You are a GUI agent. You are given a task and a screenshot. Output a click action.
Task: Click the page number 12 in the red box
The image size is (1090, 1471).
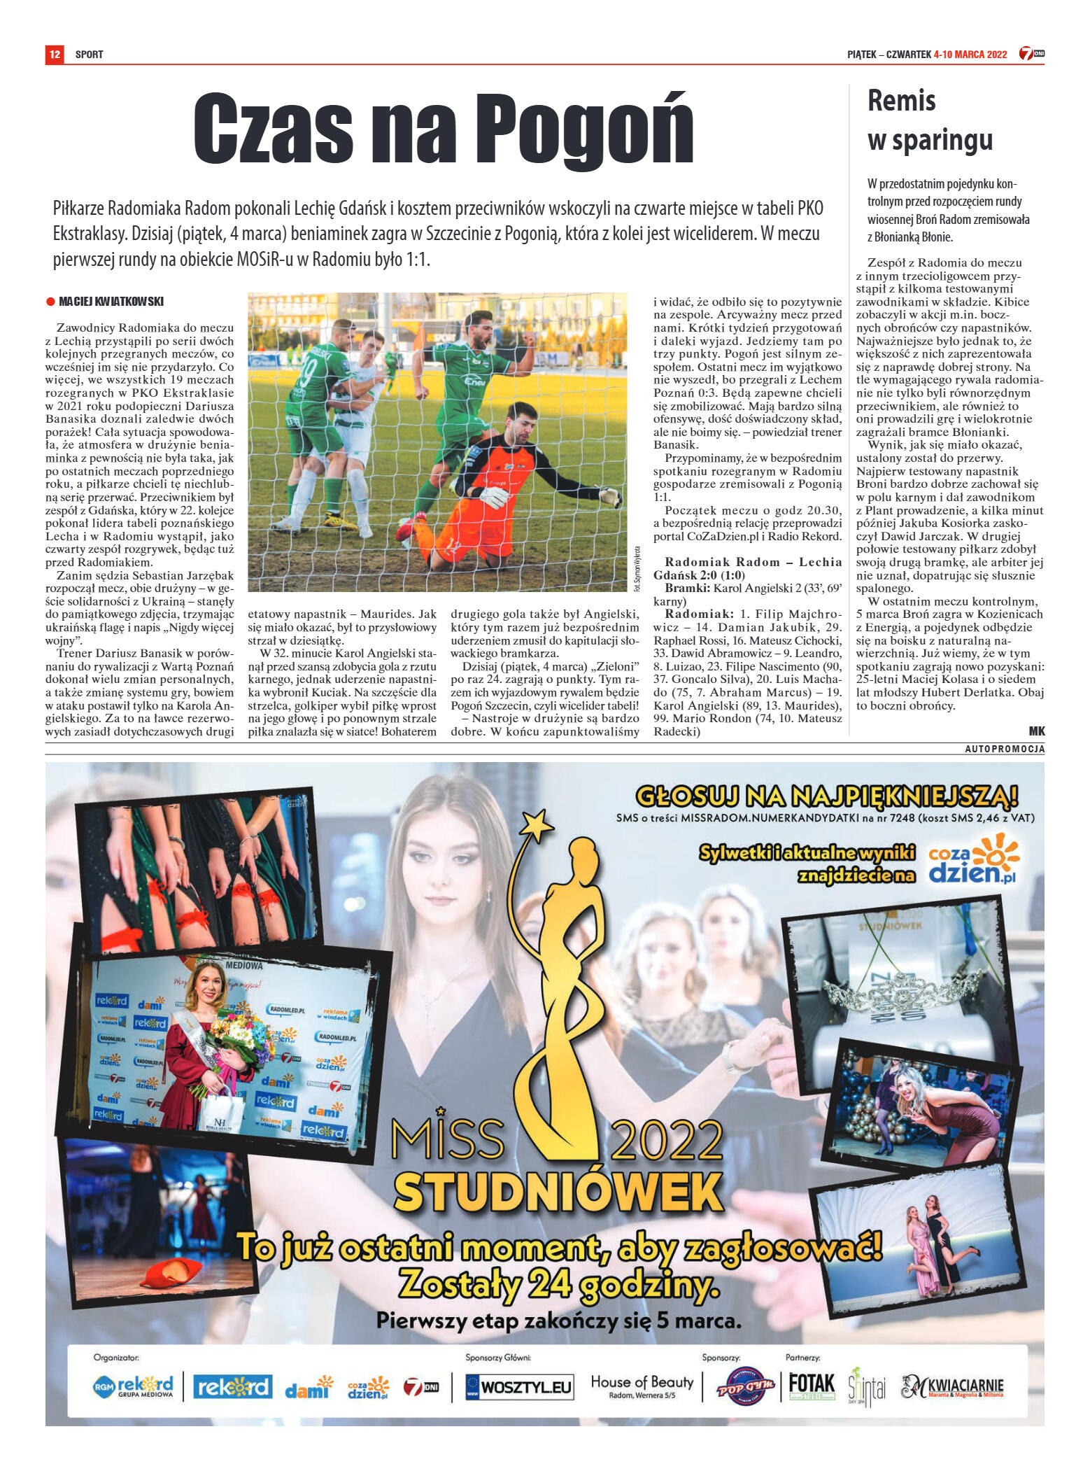55,54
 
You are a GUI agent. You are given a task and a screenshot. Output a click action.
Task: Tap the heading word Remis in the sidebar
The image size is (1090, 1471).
901,101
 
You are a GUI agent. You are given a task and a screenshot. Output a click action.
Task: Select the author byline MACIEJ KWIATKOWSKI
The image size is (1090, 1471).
111,302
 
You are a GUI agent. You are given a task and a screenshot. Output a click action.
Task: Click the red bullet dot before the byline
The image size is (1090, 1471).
50,302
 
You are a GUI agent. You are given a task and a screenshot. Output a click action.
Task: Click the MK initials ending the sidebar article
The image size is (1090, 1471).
1036,731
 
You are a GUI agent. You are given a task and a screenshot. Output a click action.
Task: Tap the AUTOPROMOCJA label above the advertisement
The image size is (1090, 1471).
1004,749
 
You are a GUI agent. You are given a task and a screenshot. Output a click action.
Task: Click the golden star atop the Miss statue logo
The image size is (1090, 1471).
538,826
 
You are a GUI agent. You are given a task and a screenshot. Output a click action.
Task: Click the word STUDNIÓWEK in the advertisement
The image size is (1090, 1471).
558,1192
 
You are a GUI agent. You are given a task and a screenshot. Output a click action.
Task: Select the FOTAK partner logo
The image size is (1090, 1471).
812,1386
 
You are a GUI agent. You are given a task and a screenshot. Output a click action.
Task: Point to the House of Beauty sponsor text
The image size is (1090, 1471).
642,1384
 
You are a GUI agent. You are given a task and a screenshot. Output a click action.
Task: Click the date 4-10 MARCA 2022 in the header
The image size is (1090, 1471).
970,55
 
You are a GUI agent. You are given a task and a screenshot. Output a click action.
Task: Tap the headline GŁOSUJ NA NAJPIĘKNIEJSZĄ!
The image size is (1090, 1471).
826,796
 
